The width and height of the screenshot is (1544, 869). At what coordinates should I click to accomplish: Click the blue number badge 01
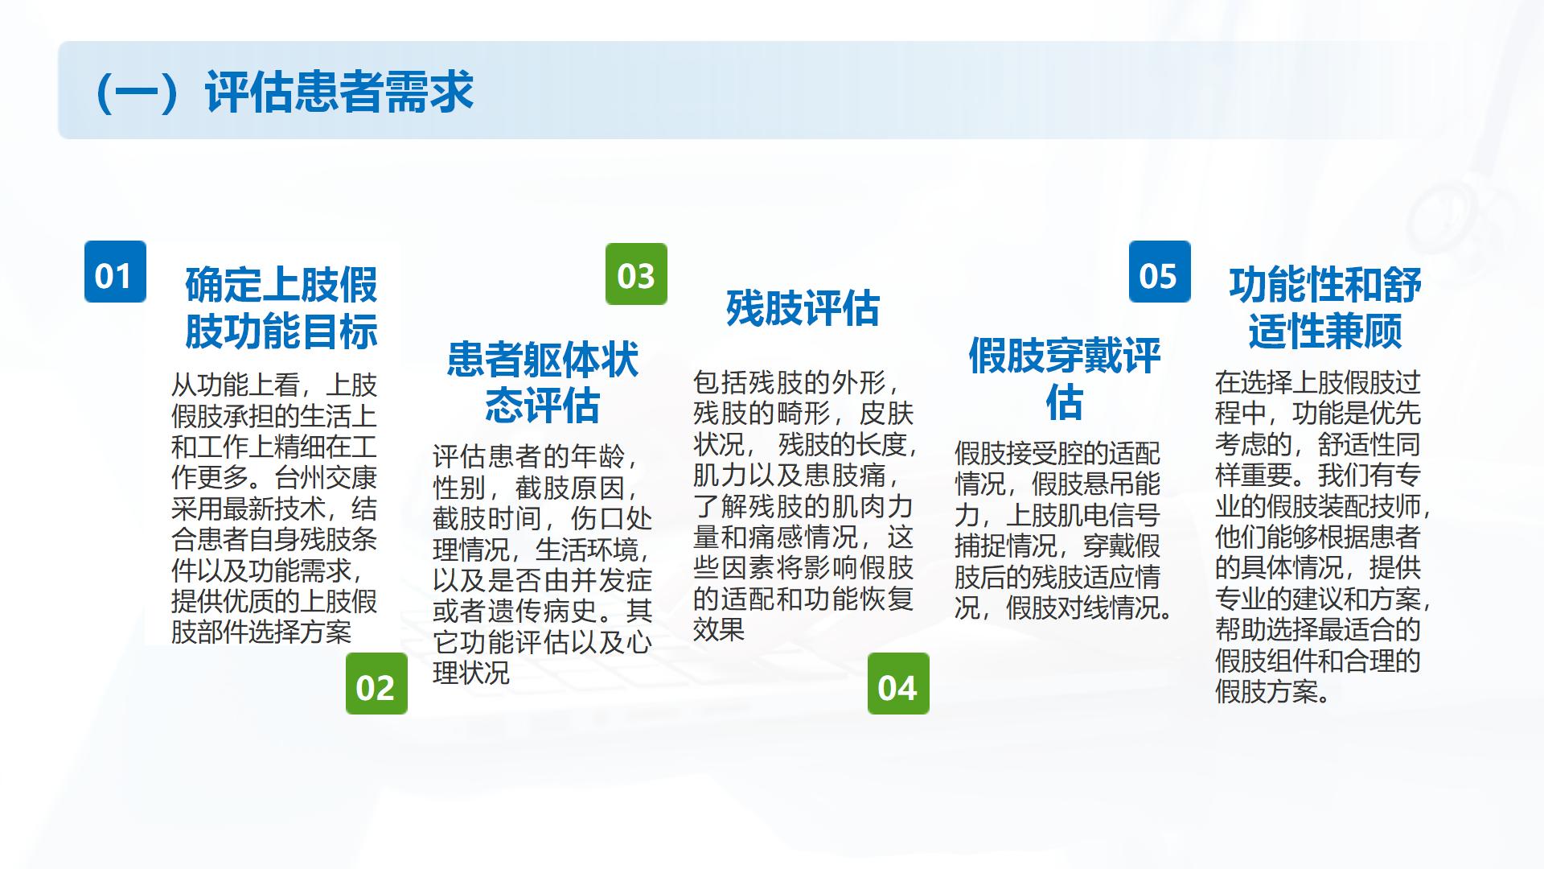coord(115,272)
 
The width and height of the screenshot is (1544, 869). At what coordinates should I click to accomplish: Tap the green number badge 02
coord(376,683)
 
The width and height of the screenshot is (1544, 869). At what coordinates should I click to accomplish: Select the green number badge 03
coord(636,274)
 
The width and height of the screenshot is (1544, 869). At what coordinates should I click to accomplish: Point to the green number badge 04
coord(898,683)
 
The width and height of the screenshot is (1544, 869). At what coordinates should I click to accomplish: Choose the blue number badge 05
coord(1160,272)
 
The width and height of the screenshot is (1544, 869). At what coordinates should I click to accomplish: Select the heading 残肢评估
coord(803,308)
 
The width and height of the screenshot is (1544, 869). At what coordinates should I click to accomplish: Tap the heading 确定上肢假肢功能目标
coord(281,307)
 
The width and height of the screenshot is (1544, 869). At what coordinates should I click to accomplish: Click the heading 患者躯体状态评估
coord(542,382)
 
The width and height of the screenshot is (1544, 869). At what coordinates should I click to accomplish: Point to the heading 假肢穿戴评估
coord(1064,378)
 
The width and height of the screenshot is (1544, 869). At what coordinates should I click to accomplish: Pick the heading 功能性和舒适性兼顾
coord(1324,307)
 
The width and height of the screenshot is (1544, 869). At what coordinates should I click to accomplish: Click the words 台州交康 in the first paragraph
coord(326,478)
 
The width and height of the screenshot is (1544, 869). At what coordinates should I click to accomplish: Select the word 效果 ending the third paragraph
coord(719,630)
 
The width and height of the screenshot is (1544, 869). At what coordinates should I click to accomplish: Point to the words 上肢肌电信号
coord(1083,516)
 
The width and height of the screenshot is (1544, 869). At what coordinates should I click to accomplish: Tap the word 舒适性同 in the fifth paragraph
coord(1369,444)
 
